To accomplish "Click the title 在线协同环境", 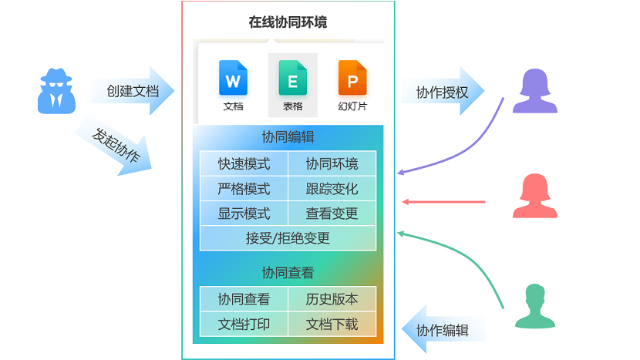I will tap(288, 22).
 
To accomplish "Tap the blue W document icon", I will tap(233, 78).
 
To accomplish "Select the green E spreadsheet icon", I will tap(293, 78).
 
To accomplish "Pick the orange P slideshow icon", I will tap(352, 78).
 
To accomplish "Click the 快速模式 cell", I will tap(244, 163).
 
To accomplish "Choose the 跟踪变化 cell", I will tap(332, 189).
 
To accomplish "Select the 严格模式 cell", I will tap(244, 189).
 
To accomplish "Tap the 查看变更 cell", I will tap(332, 214).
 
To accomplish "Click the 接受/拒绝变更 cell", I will tap(288, 238).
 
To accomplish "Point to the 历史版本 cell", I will tap(332, 299).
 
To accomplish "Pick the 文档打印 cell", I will tap(244, 324).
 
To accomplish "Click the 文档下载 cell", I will tap(332, 324).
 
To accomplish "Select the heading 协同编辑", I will tap(288, 137).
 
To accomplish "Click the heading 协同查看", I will tap(288, 273).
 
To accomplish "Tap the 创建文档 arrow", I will tap(133, 91).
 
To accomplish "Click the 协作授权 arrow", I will tap(443, 93).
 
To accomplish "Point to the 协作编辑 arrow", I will tap(443, 330).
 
